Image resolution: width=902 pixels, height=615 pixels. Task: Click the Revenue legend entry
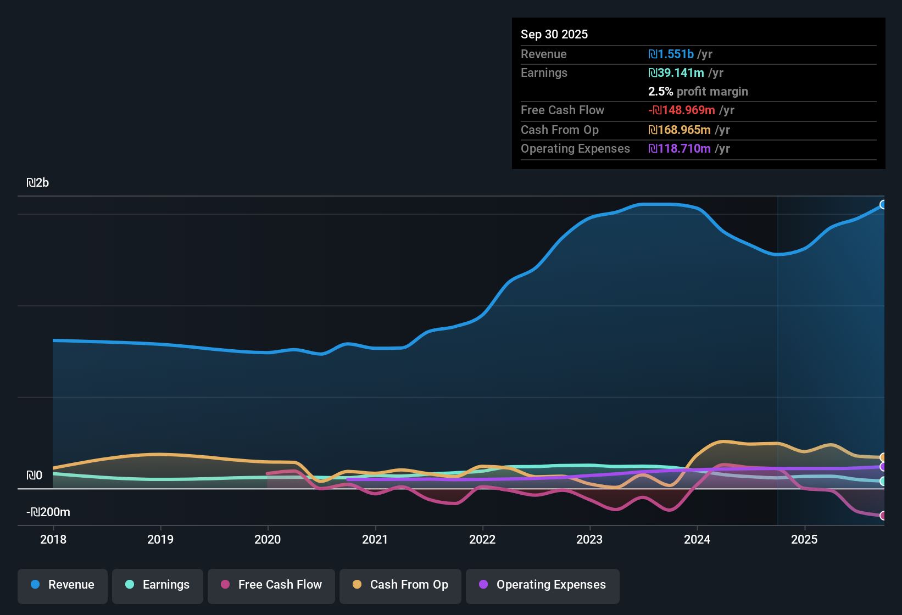click(63, 585)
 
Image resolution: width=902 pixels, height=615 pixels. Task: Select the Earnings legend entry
click(158, 585)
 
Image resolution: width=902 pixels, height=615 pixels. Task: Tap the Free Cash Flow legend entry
click(271, 585)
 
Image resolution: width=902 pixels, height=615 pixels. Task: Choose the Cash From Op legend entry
click(400, 585)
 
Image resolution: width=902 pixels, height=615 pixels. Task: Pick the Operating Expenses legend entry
click(543, 585)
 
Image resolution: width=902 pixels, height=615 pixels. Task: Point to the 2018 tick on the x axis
click(53, 539)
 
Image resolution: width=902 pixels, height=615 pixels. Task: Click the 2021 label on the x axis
click(375, 539)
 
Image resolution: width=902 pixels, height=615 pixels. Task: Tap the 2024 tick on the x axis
click(697, 539)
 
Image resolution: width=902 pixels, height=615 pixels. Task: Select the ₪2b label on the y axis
click(38, 183)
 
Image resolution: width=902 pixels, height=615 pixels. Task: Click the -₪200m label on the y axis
click(48, 512)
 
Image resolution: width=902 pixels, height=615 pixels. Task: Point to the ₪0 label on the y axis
click(35, 476)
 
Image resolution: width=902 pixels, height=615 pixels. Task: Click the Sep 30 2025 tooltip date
click(554, 35)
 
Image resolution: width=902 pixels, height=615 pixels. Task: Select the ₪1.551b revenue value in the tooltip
click(671, 54)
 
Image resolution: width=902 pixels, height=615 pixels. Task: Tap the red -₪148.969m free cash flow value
click(681, 110)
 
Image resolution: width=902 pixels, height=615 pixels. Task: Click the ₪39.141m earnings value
click(676, 73)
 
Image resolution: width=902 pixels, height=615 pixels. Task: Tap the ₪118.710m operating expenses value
click(679, 149)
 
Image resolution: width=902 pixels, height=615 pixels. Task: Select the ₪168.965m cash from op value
click(679, 130)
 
